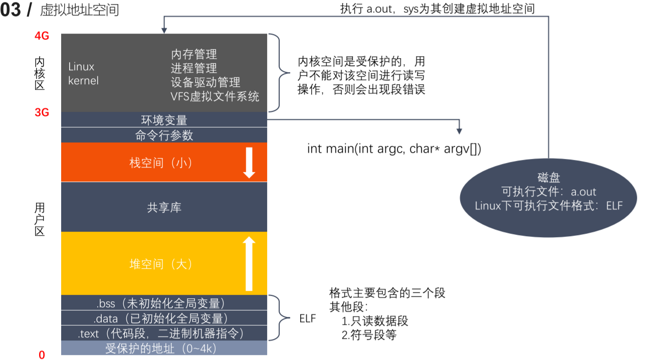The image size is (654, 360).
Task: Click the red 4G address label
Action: coord(42,37)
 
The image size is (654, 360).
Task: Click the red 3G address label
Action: coord(42,112)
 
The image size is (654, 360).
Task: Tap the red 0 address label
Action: coord(42,355)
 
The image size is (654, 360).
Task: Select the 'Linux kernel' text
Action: coord(83,73)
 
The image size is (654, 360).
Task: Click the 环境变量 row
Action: coord(164,120)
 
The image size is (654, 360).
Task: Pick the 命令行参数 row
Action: coord(164,135)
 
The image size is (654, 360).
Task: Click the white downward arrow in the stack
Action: coord(249,162)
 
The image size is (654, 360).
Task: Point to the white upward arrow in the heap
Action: coord(249,263)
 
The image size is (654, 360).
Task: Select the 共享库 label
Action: coord(164,207)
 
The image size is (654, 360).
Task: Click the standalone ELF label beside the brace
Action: coord(308,318)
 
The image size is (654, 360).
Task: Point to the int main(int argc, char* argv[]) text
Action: coord(394,149)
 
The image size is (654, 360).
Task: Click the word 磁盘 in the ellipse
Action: coord(548,178)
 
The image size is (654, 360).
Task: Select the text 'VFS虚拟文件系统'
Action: coord(215,96)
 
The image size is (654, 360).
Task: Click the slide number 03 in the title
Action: coord(11,10)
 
